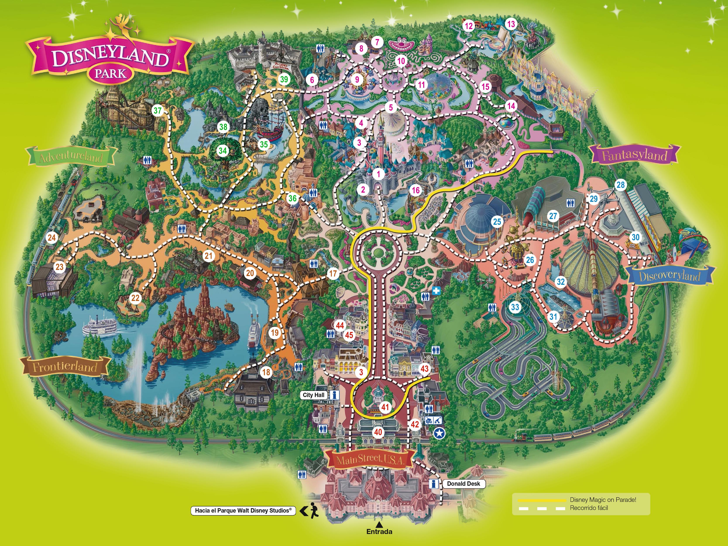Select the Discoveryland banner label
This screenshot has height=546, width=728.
point(670,276)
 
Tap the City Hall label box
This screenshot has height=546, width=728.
point(313,395)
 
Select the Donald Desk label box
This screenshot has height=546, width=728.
point(463,484)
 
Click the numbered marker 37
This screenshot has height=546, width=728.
point(158,110)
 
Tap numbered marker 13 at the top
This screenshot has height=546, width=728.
point(511,24)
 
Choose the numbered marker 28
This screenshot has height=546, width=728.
point(620,185)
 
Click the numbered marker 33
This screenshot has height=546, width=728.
point(515,307)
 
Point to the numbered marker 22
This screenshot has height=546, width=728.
point(135,298)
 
